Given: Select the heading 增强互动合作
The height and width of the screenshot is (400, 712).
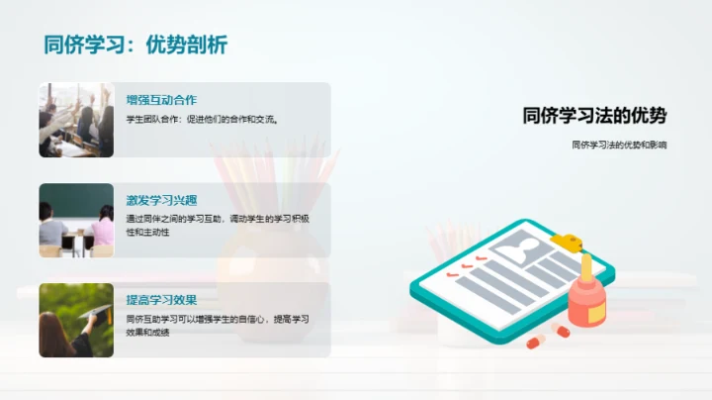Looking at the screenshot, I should point(162,100).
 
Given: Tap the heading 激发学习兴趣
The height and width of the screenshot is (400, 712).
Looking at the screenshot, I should point(162,199).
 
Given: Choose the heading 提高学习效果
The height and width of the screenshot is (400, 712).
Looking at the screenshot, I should point(162,300).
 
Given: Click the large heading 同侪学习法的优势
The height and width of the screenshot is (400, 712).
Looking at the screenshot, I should point(594,116).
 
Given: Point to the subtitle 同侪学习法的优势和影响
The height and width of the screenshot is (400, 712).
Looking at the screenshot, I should point(619,145).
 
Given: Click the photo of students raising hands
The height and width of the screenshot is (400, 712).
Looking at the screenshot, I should point(76,120).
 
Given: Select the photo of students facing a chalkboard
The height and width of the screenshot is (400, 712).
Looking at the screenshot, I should point(76,220).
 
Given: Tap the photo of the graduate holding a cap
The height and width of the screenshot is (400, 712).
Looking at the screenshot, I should point(76,320).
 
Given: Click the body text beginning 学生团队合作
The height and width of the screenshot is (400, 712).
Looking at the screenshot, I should point(203,120).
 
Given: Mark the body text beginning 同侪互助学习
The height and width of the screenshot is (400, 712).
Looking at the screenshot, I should point(218,325).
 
